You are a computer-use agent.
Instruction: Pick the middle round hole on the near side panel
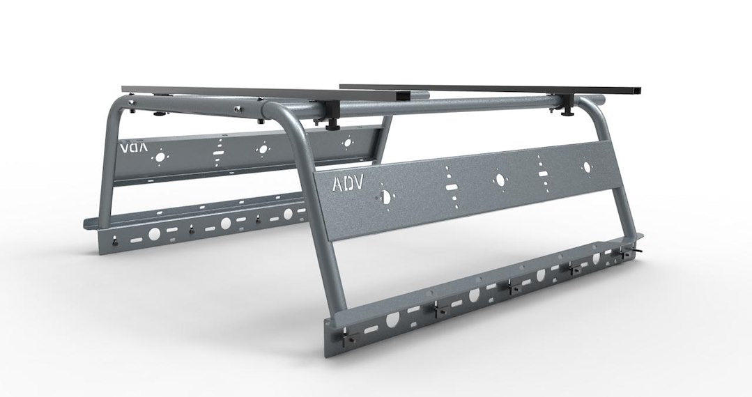pos(499,180)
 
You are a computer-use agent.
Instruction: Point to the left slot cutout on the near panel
pos(452,182)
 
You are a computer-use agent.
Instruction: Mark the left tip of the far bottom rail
pos(86,224)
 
